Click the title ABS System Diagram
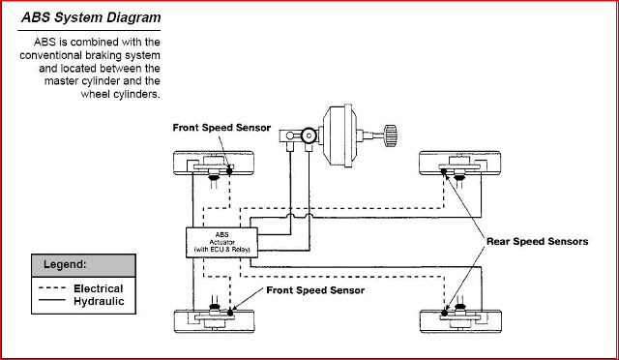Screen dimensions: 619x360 91,17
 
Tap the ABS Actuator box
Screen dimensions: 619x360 221,242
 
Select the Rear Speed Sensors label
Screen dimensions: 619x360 537,241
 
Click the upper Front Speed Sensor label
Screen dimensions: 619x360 221,128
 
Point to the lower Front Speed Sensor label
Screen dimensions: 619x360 315,290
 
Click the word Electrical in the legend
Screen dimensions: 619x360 99,288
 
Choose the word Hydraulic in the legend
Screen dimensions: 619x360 99,301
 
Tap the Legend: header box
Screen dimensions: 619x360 83,265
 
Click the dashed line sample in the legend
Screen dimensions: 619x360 52,288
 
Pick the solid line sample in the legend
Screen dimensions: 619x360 52,300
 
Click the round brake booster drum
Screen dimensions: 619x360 340,135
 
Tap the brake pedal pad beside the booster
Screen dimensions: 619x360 391,135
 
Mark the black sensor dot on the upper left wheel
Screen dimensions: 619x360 229,171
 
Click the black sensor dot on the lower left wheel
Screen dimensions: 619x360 230,313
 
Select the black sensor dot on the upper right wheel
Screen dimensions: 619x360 443,171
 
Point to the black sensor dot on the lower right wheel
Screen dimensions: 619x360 445,313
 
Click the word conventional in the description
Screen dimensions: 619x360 50,55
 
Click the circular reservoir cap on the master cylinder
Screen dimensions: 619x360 309,135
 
